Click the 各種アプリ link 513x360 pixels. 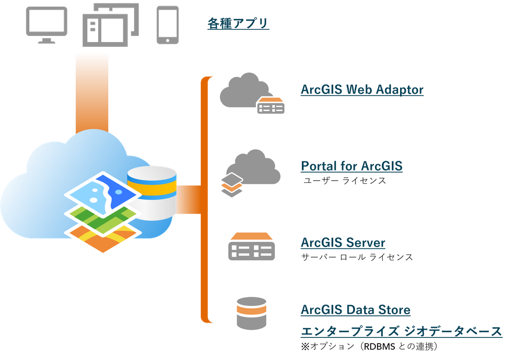(x=238, y=24)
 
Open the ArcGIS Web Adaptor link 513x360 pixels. (x=362, y=89)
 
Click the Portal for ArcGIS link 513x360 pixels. (x=352, y=166)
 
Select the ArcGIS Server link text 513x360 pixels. (x=343, y=242)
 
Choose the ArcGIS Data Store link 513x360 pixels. (x=355, y=310)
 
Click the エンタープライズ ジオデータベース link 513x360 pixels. (x=401, y=332)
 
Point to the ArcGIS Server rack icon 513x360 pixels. (x=249, y=247)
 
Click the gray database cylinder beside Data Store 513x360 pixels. (x=250, y=313)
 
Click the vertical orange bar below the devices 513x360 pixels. (x=91, y=92)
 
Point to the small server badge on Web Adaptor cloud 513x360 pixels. (x=271, y=106)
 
